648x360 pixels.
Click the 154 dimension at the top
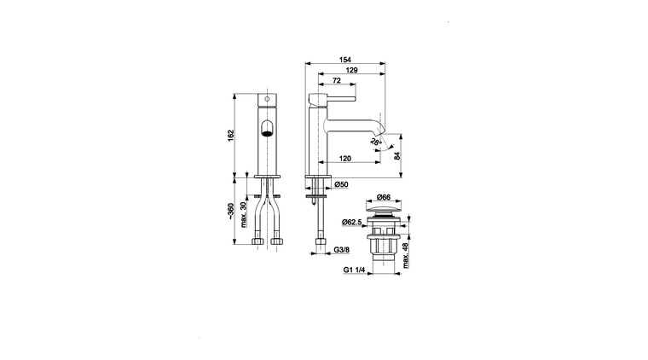pos(344,60)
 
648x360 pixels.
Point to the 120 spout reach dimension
pos(344,158)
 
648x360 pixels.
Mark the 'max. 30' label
pos(245,213)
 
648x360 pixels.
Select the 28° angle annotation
pos(376,144)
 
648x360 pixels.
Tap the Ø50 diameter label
pos(338,184)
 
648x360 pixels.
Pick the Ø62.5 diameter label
pos(354,223)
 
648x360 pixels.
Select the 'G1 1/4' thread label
pos(355,270)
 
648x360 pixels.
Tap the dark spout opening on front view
pos(266,130)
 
